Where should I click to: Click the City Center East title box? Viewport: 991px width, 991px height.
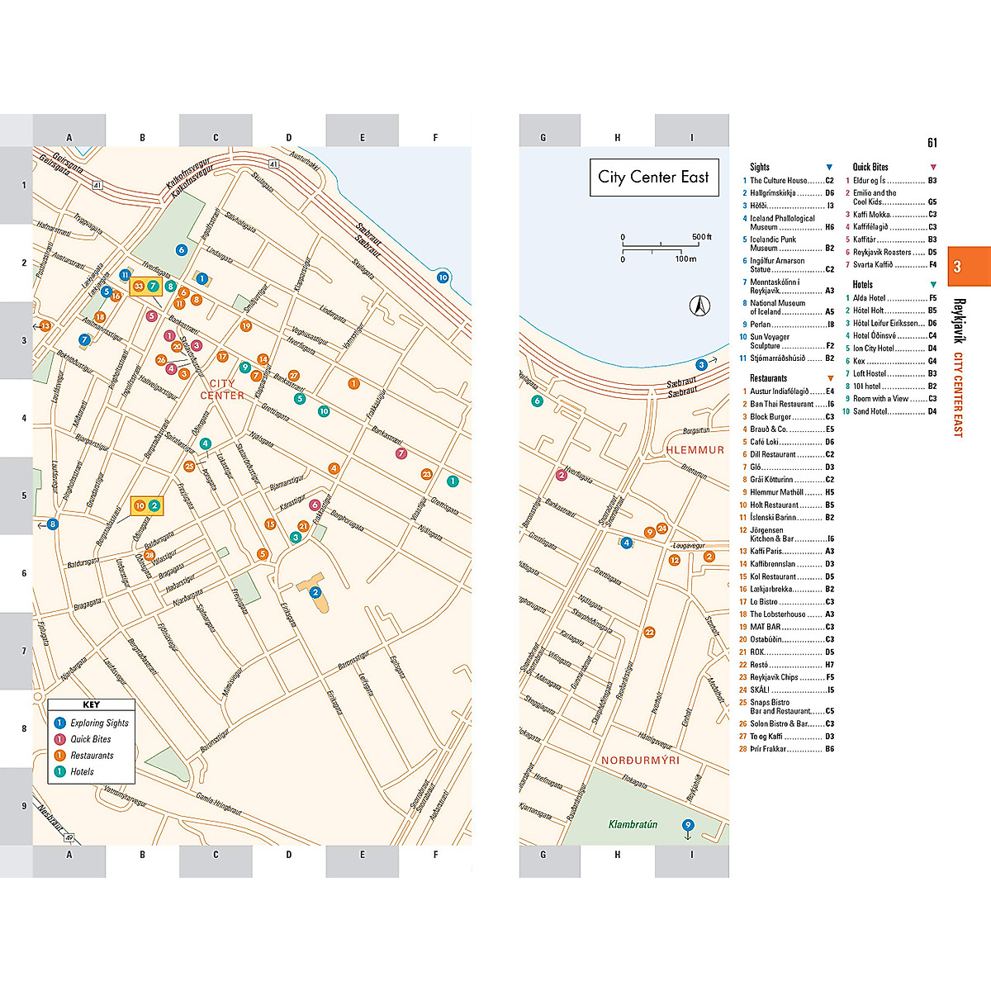(653, 178)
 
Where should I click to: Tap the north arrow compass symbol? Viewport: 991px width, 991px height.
(699, 306)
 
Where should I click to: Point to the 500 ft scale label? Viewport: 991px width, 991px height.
(701, 237)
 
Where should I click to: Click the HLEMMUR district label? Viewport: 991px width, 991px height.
(695, 450)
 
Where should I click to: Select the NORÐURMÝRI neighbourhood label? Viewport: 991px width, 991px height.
(640, 760)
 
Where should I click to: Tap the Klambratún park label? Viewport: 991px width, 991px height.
(633, 824)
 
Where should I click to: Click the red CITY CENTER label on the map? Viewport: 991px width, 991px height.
(222, 389)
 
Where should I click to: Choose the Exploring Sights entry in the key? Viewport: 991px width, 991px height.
(99, 723)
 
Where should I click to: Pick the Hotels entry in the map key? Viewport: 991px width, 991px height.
(82, 771)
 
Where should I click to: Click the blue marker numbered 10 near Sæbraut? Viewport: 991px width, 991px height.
(443, 277)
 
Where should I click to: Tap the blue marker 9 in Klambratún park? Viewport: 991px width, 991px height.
(687, 825)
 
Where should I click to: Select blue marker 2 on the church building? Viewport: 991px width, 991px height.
(315, 592)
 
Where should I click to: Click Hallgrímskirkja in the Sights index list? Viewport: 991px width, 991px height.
(773, 193)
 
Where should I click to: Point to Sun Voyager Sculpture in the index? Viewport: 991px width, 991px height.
(770, 341)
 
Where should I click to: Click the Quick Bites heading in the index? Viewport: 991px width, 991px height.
(870, 167)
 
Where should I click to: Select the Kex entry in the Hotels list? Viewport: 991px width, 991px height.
(859, 361)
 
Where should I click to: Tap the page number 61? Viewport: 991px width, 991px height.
(932, 143)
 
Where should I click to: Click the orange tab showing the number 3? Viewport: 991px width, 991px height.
(957, 267)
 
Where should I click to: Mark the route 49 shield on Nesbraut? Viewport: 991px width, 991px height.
(70, 837)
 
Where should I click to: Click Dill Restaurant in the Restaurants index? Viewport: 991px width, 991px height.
(773, 454)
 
